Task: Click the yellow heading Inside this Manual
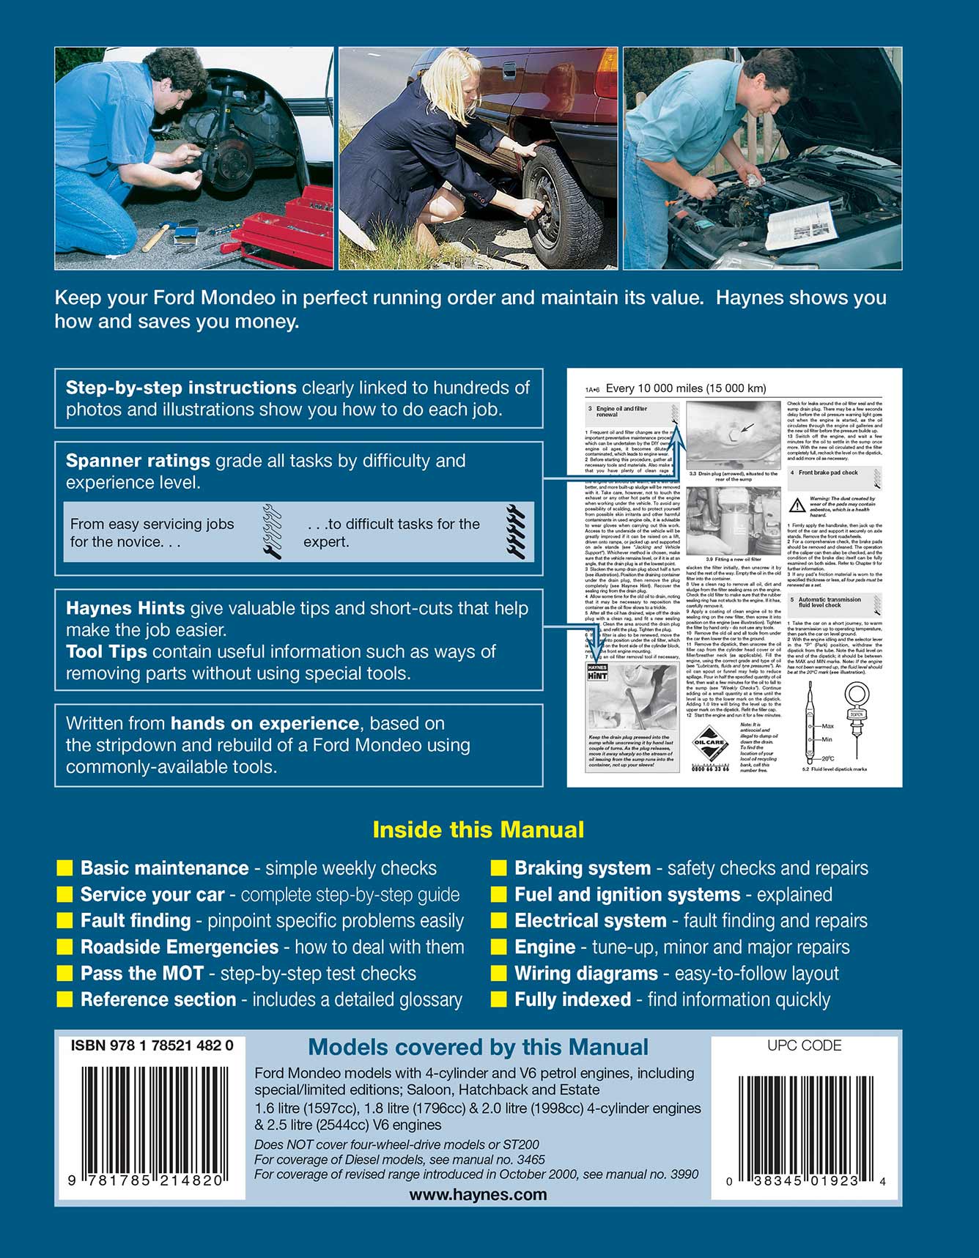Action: [x=478, y=829]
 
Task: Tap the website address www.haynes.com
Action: [x=478, y=1194]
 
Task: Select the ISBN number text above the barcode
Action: [x=152, y=1046]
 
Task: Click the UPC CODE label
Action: [x=804, y=1046]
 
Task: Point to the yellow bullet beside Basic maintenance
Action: [x=65, y=868]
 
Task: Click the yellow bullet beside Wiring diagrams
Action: [x=499, y=974]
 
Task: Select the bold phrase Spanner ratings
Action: [x=138, y=461]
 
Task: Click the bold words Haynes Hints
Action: [x=125, y=608]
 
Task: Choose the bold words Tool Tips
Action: [x=106, y=652]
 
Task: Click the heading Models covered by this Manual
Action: [x=478, y=1048]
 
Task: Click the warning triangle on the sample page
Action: [x=797, y=505]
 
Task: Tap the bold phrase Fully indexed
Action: [x=572, y=1000]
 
